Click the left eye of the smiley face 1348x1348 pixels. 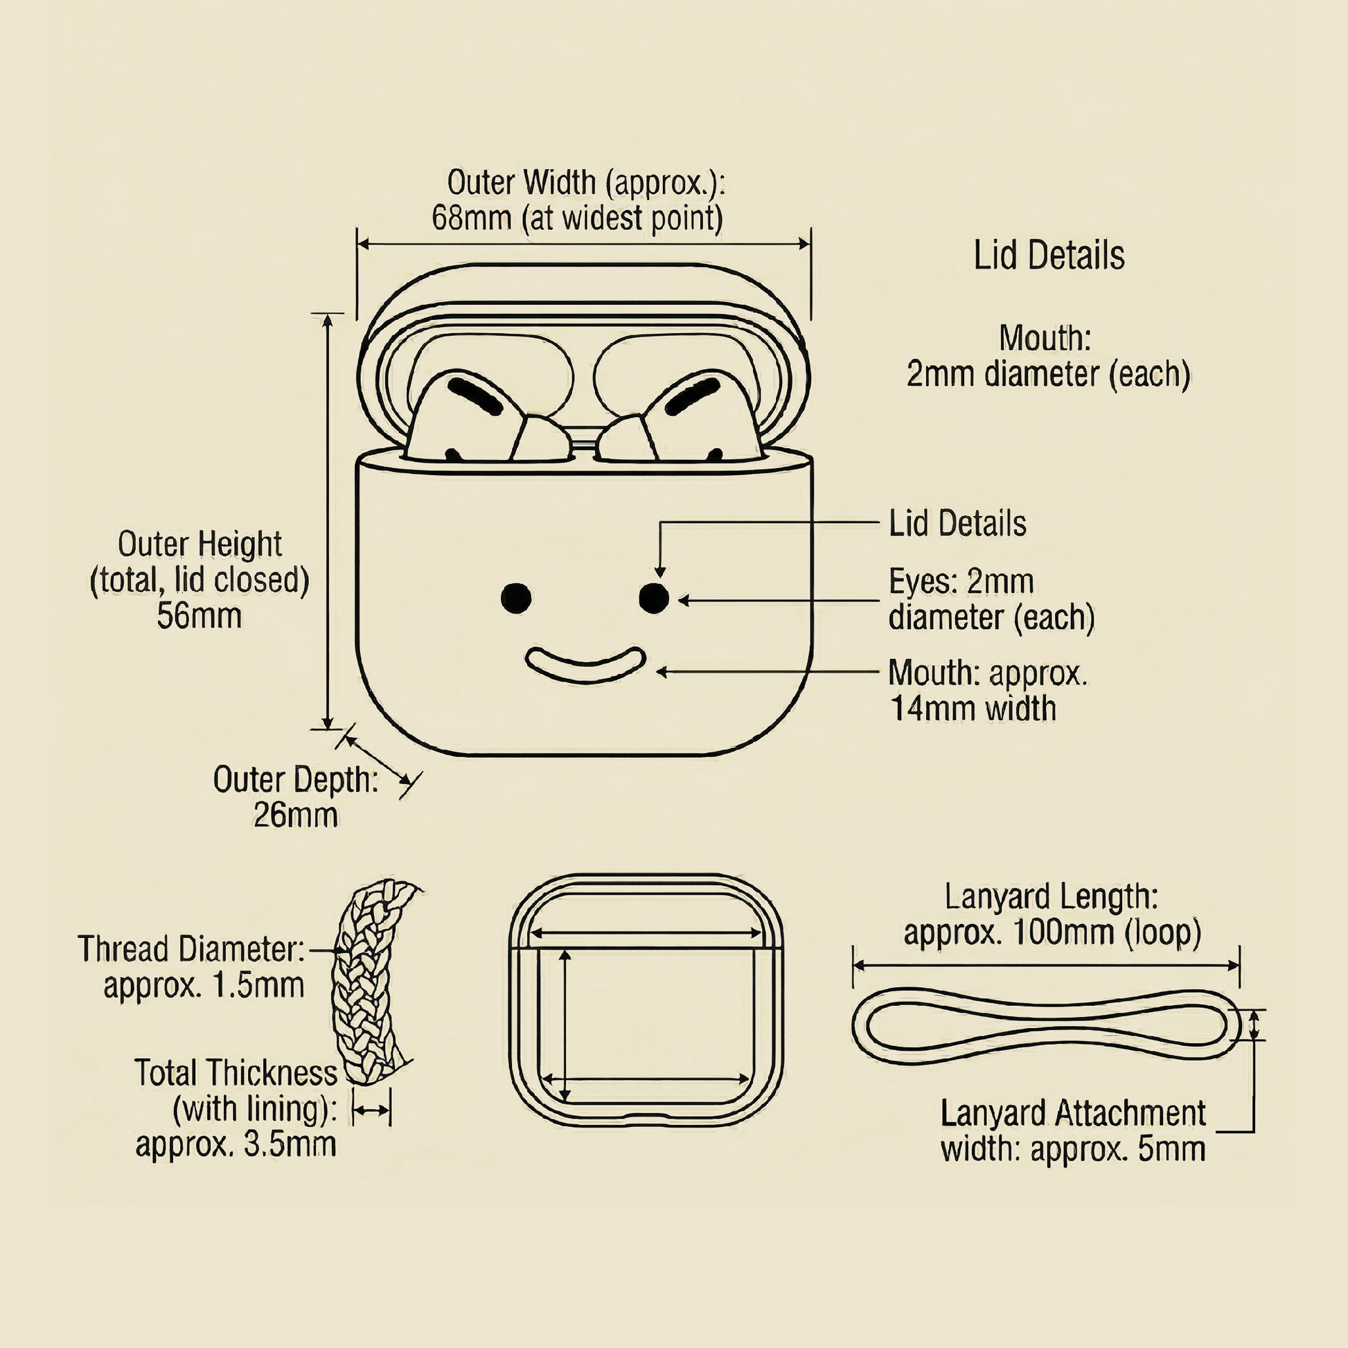(x=516, y=598)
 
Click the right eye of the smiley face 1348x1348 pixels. (x=654, y=598)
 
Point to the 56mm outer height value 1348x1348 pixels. (x=199, y=616)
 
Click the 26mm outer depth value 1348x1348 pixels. (x=295, y=815)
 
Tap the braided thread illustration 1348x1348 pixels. (x=370, y=984)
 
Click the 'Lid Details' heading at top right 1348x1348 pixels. (x=1049, y=256)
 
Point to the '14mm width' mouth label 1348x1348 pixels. (x=973, y=709)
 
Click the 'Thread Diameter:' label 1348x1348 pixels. (x=191, y=950)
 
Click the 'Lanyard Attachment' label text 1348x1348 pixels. (x=1072, y=1113)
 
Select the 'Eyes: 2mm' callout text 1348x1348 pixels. (x=960, y=581)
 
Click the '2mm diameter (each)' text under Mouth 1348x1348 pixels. (x=1048, y=374)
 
